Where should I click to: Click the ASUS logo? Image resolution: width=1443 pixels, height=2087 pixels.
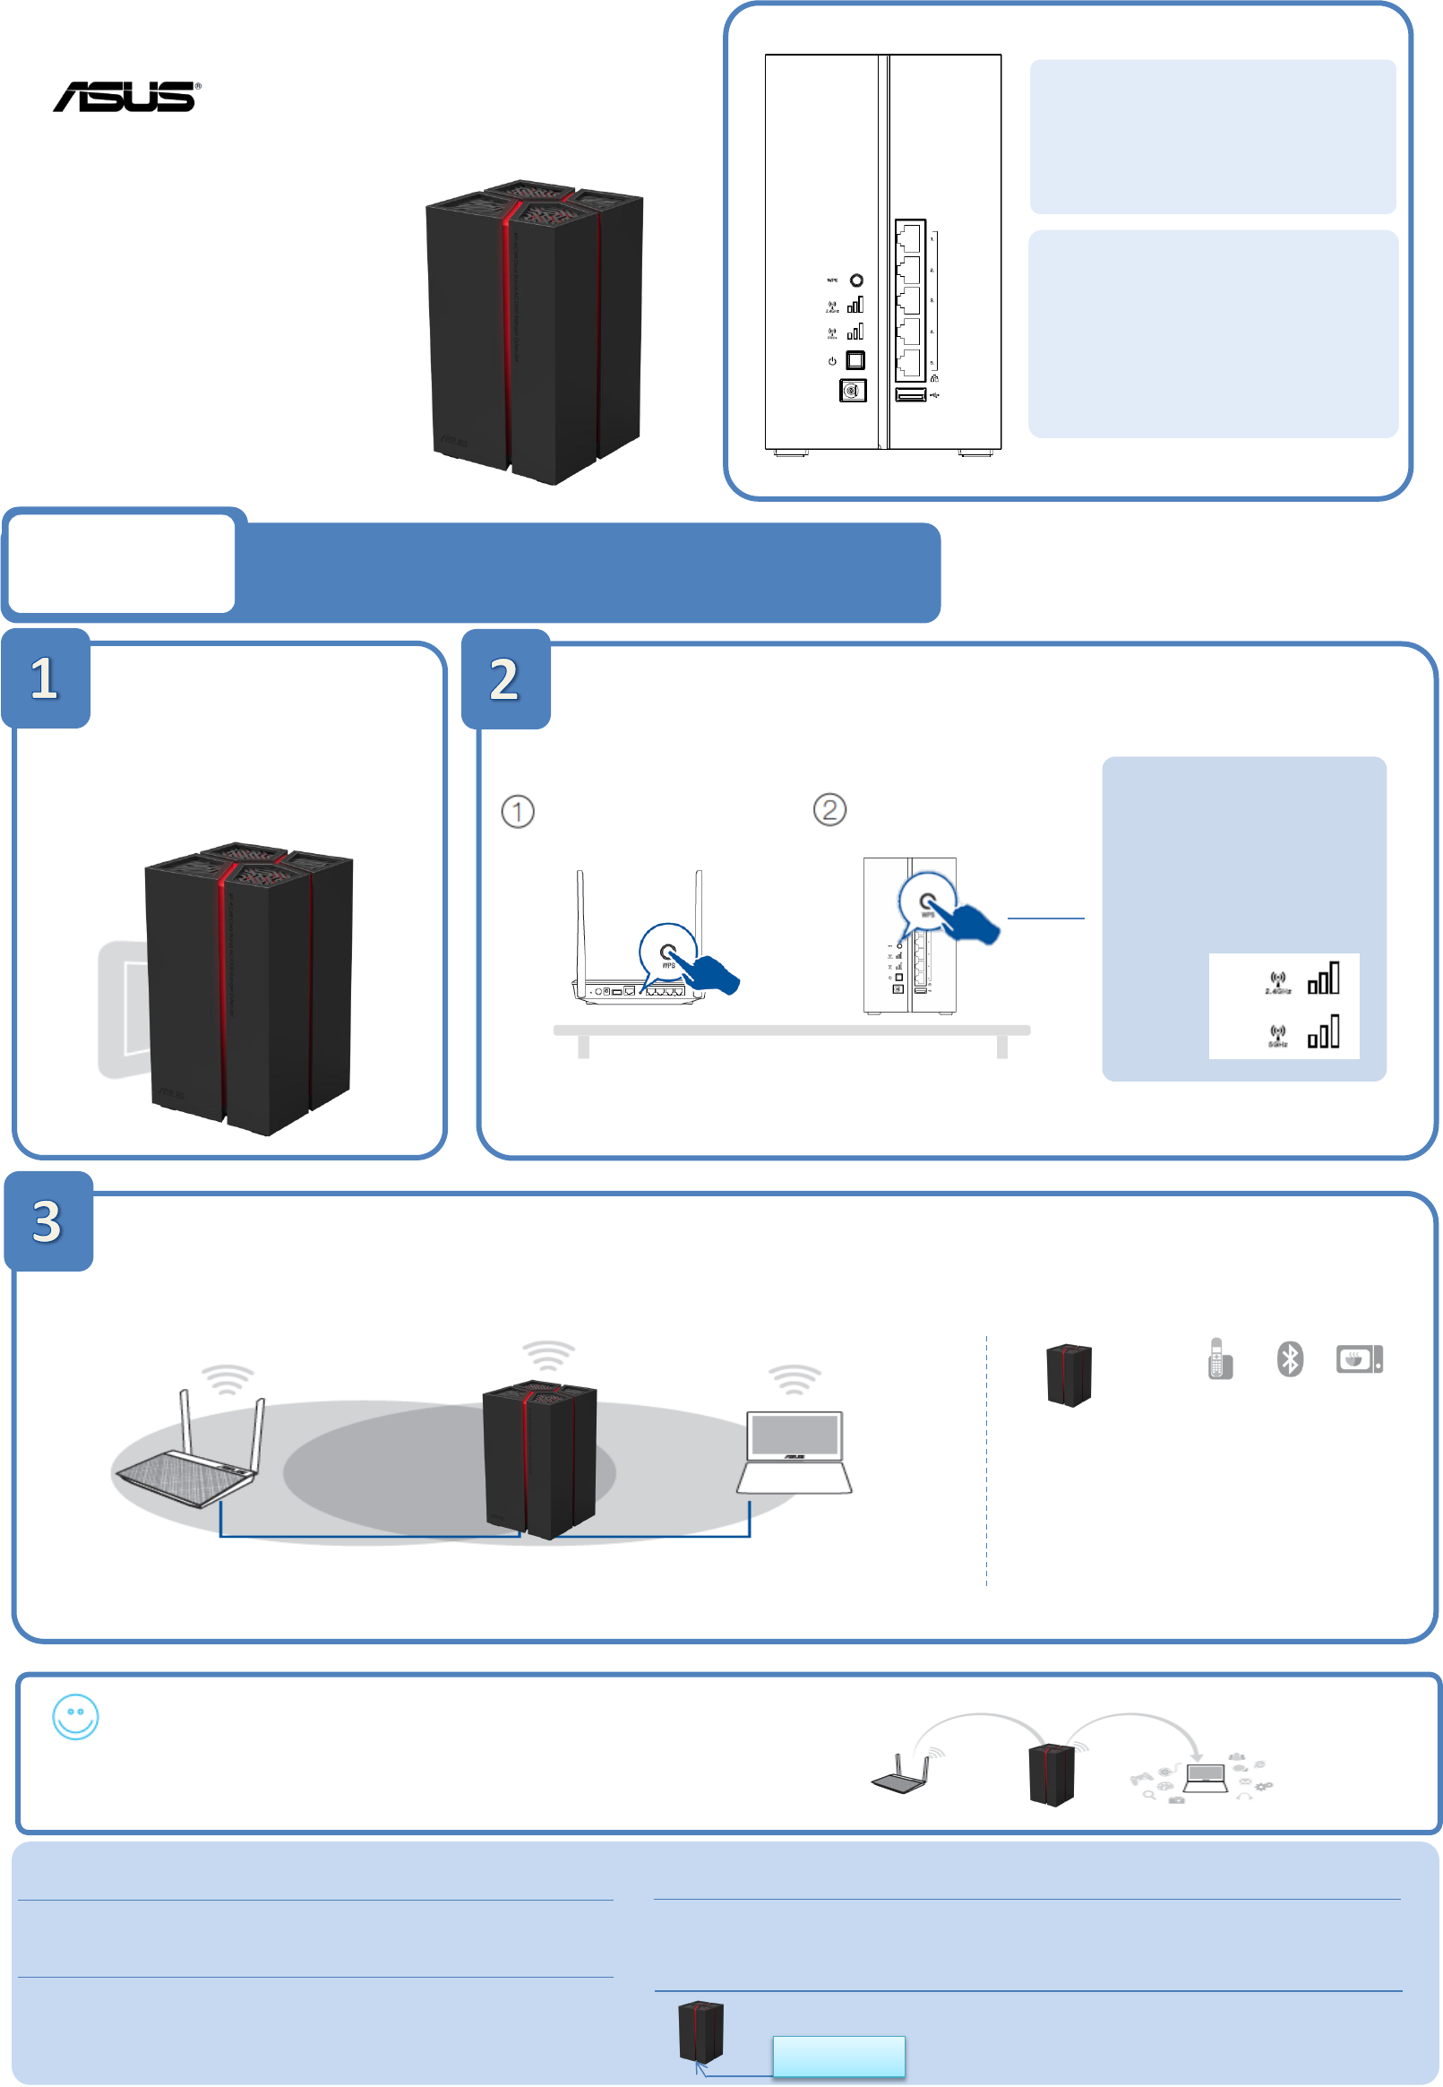pos(126,97)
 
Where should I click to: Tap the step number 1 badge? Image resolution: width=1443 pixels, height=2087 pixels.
pos(45,678)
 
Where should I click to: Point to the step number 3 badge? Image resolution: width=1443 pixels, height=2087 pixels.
pos(47,1221)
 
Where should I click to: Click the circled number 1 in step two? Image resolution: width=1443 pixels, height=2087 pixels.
pos(517,811)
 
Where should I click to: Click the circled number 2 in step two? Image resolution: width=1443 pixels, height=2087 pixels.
pos(829,809)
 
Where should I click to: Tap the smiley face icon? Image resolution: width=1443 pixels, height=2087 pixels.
pos(75,1716)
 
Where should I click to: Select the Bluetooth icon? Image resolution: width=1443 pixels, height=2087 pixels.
pos(1289,1358)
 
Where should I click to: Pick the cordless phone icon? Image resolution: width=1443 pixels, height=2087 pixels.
pos(1219,1358)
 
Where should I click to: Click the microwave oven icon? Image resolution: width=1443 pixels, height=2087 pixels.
pos(1359,1358)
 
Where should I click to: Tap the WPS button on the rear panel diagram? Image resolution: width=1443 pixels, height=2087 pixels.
pos(856,280)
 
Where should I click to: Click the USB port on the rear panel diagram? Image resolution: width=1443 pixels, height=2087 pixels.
pos(909,395)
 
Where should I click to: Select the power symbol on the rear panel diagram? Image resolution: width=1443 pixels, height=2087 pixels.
pos(832,361)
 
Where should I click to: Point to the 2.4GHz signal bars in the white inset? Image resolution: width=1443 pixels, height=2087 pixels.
pos(1324,979)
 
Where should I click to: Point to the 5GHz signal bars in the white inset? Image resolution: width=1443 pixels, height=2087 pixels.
pos(1324,1031)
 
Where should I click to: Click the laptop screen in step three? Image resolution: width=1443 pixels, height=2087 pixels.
pos(795,1434)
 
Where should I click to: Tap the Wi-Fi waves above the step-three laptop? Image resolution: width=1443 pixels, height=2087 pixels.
pos(794,1379)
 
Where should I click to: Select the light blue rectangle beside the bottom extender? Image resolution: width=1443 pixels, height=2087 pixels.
pos(838,2057)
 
